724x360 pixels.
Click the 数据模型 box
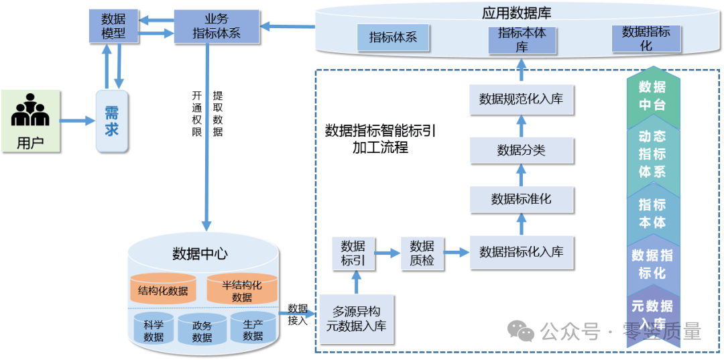coord(113,26)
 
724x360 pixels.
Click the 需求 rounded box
coord(111,121)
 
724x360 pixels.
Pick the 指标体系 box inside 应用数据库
coord(393,38)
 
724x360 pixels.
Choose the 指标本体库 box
coord(522,40)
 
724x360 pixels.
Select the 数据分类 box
coord(521,150)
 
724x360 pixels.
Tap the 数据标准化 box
coord(521,199)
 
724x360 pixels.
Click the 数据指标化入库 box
coord(521,252)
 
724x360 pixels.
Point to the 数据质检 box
coord(422,253)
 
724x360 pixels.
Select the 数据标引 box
coord(353,253)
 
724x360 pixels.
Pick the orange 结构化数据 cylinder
coord(163,290)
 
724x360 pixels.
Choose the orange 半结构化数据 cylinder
coord(241,290)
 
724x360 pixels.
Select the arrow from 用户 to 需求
coord(76,121)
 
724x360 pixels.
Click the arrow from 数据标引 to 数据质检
coord(387,253)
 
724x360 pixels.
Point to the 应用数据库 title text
coord(516,13)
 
